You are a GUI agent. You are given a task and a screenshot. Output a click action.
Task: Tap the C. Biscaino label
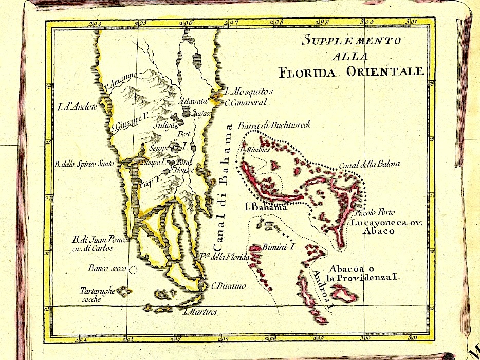pos(229,286)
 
